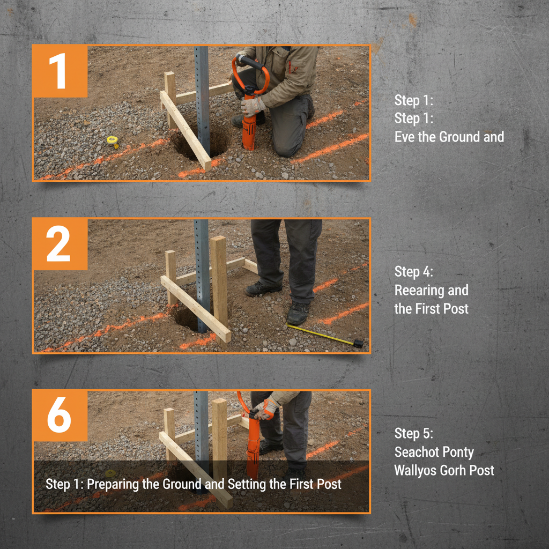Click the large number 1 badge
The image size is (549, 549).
60,71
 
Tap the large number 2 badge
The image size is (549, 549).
60,244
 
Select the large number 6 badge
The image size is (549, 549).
60,416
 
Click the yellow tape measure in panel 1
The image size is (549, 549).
113,141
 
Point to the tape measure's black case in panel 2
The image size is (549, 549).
358,344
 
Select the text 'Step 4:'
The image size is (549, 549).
414,271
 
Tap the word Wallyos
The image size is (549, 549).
416,471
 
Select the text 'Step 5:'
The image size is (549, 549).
414,433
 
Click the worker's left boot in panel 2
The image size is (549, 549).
298,313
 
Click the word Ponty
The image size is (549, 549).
458,452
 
